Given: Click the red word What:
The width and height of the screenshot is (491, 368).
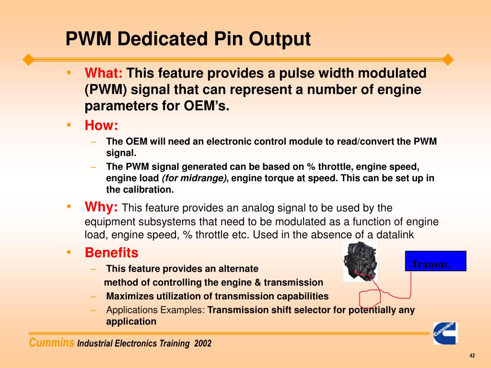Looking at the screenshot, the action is click(104, 73).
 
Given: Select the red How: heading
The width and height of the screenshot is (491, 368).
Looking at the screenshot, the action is click(101, 126).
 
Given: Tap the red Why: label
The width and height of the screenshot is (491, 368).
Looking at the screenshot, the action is click(101, 207).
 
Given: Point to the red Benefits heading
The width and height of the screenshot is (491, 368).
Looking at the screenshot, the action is click(111, 253).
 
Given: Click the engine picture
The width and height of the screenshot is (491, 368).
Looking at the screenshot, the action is click(360, 261).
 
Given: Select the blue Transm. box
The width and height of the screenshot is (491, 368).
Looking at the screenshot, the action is click(435, 261).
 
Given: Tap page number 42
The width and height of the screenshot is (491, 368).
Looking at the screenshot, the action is click(472, 356).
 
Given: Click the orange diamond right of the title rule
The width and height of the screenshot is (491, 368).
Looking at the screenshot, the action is click(448, 60).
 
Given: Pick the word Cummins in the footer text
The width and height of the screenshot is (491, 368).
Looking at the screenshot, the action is click(52, 343).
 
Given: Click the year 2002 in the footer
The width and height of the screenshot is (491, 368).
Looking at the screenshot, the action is click(203, 344).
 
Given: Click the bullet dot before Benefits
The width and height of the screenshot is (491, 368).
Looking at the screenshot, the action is click(70, 252).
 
